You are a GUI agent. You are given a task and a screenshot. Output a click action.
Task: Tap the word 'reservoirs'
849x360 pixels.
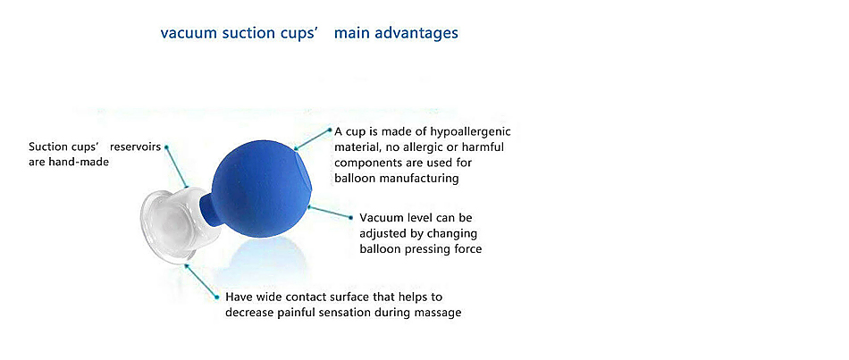135,147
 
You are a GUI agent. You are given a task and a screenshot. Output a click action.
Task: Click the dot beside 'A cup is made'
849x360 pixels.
329,130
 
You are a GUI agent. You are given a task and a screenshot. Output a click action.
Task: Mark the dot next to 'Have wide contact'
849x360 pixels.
216,297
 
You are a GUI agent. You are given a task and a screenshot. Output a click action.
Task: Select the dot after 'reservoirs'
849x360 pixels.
166,147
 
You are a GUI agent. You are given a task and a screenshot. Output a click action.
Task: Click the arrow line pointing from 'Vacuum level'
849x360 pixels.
330,212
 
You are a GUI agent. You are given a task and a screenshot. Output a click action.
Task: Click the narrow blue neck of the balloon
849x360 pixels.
206,211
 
